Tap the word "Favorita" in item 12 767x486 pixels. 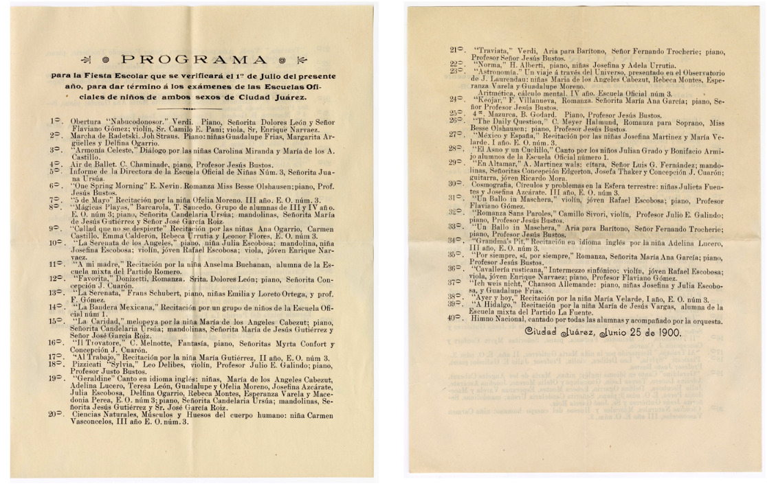(x=93, y=279)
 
